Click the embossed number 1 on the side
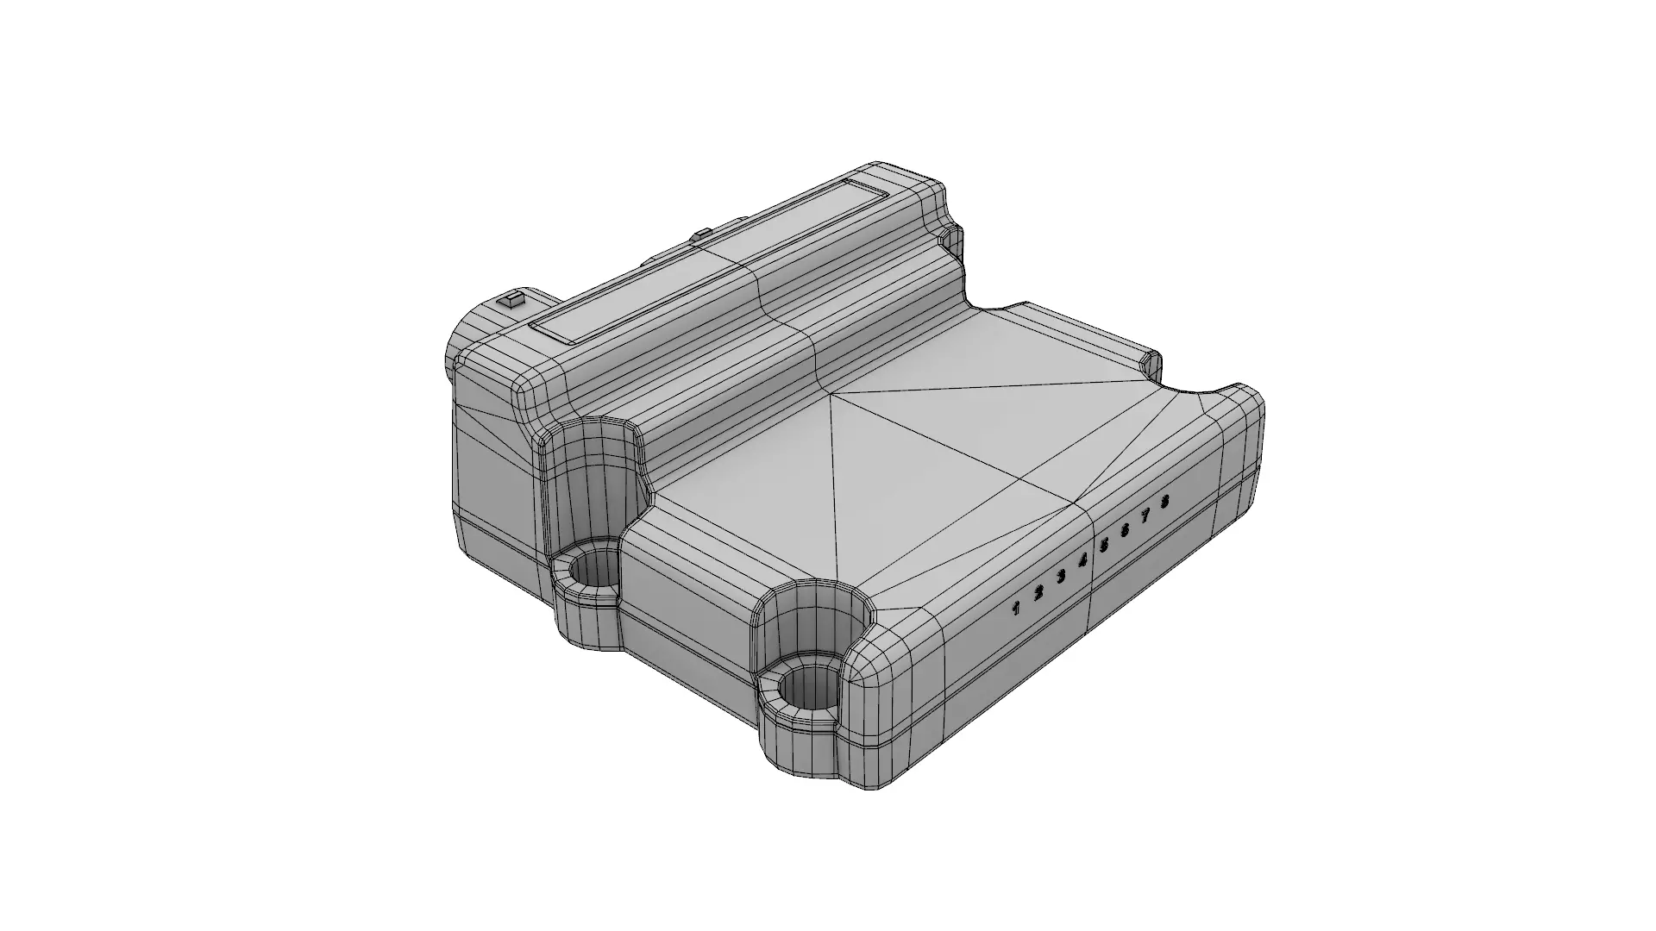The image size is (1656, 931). pyautogui.click(x=1017, y=609)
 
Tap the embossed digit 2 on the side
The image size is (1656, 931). pyautogui.click(x=1039, y=592)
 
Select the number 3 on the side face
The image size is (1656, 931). pyautogui.click(x=1062, y=576)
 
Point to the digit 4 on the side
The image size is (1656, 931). pyautogui.click(x=1083, y=560)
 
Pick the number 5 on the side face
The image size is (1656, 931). pyautogui.click(x=1104, y=545)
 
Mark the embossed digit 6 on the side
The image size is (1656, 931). pyautogui.click(x=1125, y=530)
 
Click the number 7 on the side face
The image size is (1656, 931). pyautogui.click(x=1145, y=515)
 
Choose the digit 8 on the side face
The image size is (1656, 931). pyautogui.click(x=1165, y=501)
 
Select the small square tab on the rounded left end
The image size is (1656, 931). pyautogui.click(x=512, y=301)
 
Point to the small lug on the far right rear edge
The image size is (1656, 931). pyautogui.click(x=1151, y=362)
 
